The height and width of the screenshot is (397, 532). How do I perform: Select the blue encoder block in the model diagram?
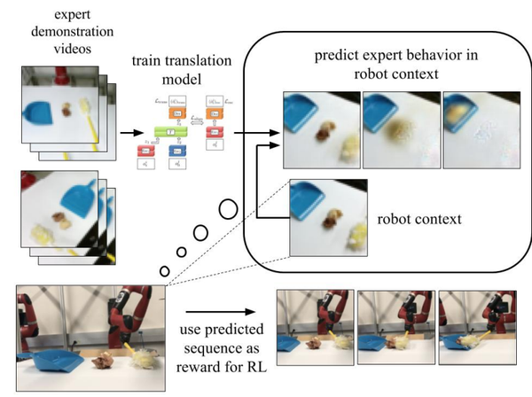click(178, 150)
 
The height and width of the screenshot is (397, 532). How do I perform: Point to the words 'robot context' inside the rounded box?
click(417, 216)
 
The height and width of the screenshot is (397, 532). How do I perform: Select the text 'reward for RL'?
click(222, 362)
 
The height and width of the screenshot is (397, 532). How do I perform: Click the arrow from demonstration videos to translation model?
click(128, 132)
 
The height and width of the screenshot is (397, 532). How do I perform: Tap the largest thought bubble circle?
click(228, 210)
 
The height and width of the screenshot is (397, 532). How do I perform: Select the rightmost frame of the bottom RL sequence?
click(478, 330)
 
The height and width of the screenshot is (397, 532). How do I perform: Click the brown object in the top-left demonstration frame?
click(66, 111)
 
